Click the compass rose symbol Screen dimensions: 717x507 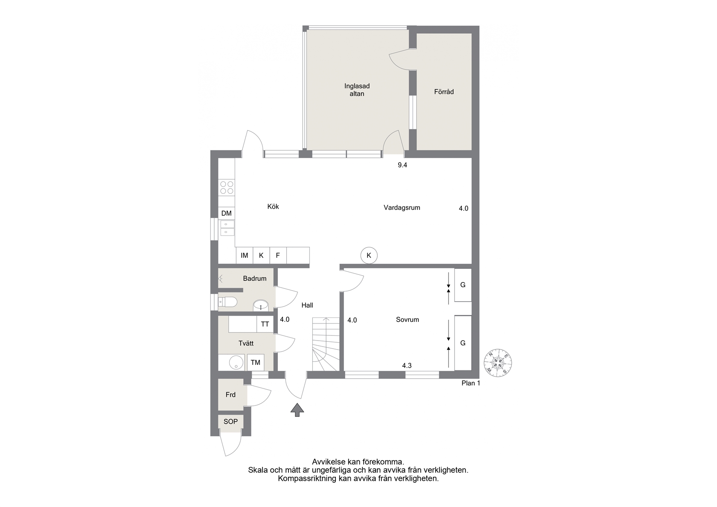[498, 363]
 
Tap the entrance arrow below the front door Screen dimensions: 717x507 [297, 410]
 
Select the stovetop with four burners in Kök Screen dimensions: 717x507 [227, 188]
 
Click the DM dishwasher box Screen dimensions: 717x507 [227, 213]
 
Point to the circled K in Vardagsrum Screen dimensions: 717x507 [369, 255]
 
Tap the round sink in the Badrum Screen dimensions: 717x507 [261, 305]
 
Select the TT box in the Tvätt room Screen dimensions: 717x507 [265, 324]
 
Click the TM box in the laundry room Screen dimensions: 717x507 [255, 362]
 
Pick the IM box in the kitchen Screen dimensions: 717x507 [245, 255]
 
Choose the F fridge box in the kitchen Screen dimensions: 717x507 [278, 255]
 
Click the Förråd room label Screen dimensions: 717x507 [444, 92]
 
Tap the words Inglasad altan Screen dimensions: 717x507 [357, 90]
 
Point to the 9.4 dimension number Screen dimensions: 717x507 [402, 165]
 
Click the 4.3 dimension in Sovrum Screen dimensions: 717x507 [407, 365]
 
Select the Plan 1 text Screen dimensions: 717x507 [471, 383]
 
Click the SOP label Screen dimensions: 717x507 [230, 422]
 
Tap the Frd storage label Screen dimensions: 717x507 [230, 395]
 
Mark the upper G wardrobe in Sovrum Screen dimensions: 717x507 [463, 285]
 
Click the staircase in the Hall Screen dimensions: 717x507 [326, 344]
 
